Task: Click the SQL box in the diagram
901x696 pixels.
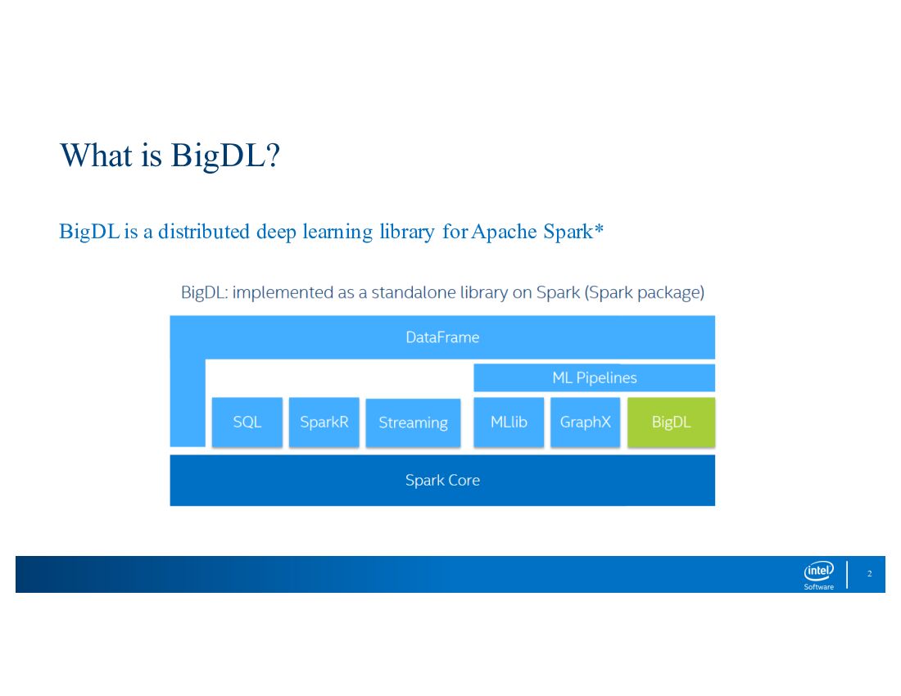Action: [247, 423]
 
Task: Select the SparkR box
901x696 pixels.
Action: [324, 423]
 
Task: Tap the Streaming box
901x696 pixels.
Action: [413, 423]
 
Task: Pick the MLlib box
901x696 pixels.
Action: [509, 423]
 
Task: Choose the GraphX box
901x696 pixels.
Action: [586, 423]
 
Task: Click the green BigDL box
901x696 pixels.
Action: [672, 423]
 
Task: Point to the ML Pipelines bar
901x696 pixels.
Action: [595, 377]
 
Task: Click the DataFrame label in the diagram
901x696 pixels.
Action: [442, 337]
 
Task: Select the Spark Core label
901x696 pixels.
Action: [442, 481]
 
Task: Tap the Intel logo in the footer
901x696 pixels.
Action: [818, 571]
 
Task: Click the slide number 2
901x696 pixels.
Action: [869, 574]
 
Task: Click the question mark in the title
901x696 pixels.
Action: [274, 155]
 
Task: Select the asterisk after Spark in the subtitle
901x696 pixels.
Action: [599, 230]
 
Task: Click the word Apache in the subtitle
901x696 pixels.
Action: [505, 232]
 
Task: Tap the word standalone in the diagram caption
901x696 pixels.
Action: [410, 292]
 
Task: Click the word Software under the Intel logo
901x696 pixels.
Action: [818, 586]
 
